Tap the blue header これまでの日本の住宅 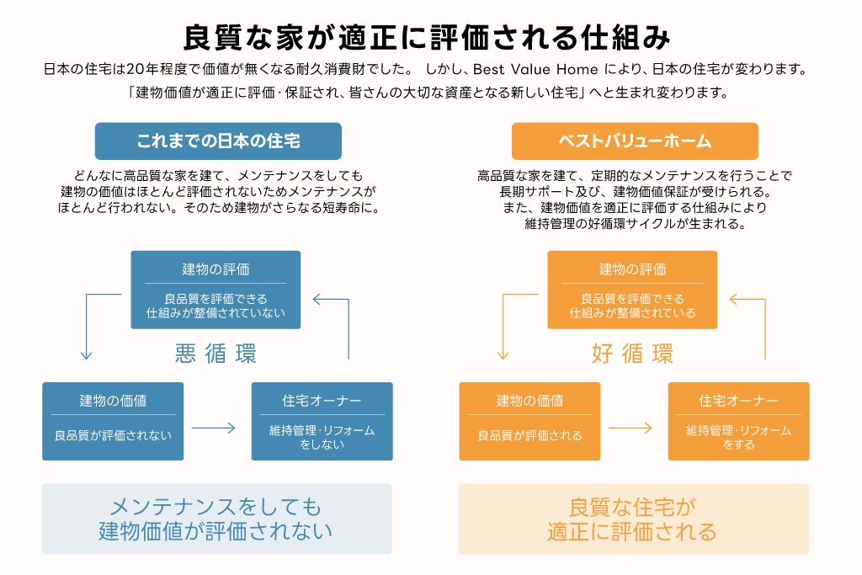(218, 141)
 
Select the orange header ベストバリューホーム (635, 141)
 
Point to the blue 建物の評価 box (215, 289)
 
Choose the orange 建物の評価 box (632, 289)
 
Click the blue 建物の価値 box (113, 421)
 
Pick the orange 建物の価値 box (529, 421)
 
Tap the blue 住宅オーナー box (322, 421)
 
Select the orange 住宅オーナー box (738, 421)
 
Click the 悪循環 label (215, 354)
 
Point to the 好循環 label (632, 354)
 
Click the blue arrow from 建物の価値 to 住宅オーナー (214, 428)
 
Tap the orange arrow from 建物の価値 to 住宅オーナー (631, 428)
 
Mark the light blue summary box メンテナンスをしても (216, 519)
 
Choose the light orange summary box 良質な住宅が (633, 519)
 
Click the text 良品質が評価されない (113, 435)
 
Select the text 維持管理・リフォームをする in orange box (738, 437)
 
